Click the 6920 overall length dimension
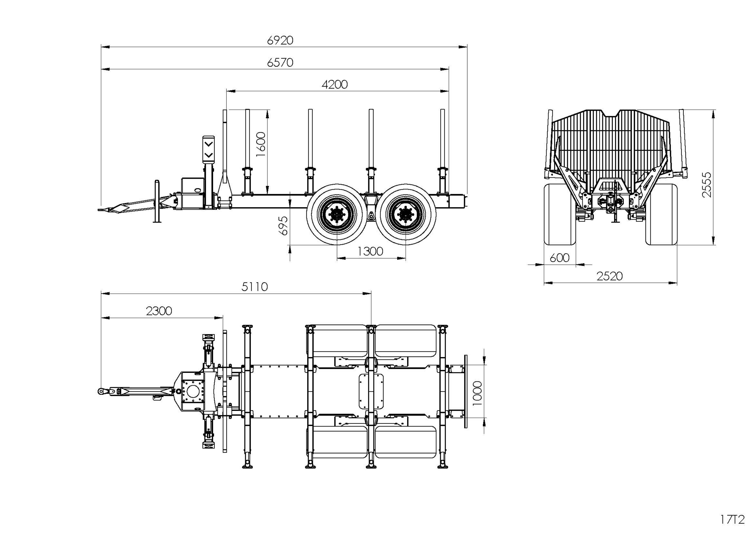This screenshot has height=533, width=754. [x=280, y=40]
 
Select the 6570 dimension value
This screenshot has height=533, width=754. [x=280, y=62]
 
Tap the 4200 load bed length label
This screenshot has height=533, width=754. [x=334, y=85]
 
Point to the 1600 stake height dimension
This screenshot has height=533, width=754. [x=260, y=144]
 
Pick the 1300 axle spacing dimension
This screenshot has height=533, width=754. [x=370, y=252]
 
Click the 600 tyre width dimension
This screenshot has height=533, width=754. [x=559, y=258]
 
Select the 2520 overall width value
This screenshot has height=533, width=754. [x=609, y=276]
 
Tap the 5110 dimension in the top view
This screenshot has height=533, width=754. [x=254, y=287]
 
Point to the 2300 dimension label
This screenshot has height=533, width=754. [x=159, y=311]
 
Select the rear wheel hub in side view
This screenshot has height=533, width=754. [x=405, y=214]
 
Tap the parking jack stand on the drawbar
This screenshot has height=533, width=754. [x=157, y=202]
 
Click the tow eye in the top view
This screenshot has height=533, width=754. [x=101, y=391]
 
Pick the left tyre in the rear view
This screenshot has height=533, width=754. [x=560, y=214]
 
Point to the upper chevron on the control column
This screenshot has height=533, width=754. [x=209, y=144]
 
